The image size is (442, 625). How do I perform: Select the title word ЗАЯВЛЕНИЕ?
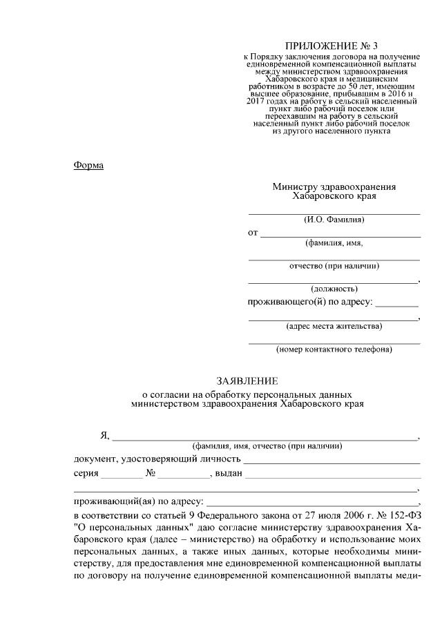[247, 381]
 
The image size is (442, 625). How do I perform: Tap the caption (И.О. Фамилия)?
[334, 220]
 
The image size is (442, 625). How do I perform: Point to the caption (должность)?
[334, 288]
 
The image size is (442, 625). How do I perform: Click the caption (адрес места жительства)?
[334, 325]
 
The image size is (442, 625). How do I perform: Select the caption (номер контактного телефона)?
[334, 349]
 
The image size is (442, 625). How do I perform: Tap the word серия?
[85, 473]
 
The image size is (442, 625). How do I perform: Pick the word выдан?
[229, 473]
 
